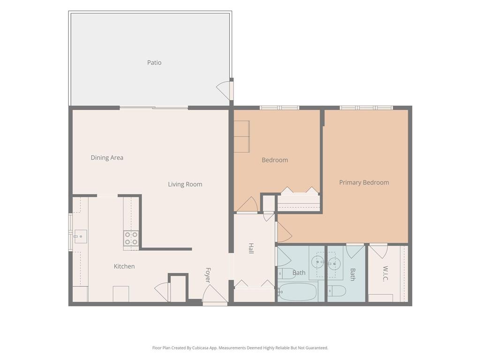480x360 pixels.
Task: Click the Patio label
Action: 154,62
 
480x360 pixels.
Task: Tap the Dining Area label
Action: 107,157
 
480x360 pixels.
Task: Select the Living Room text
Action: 185,184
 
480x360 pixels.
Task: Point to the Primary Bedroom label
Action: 364,182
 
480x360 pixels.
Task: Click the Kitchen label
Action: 124,266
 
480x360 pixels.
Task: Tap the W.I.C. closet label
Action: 385,273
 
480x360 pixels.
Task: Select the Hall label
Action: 251,248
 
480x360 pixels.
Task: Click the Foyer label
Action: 208,275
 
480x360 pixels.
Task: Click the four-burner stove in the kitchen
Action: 131,238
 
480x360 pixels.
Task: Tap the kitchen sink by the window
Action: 81,237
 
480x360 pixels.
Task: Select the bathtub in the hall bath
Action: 297,292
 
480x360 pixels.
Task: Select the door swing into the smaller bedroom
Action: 247,204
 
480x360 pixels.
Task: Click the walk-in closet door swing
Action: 379,251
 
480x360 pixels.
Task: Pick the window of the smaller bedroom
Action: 279,108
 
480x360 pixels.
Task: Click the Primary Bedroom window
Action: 366,108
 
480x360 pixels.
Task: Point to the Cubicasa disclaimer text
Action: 240,348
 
